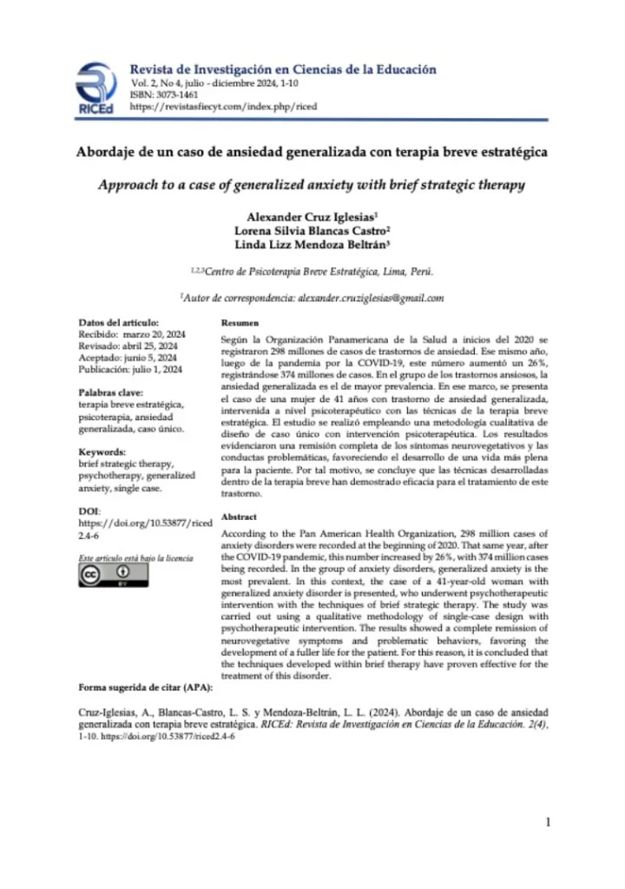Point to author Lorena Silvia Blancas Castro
point(312,230)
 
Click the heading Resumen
point(238,322)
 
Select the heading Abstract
point(239,515)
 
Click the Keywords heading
point(102,452)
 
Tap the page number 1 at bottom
point(548,822)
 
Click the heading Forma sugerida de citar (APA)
point(144,688)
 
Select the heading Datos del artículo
point(119,322)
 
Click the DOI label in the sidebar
point(89,511)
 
